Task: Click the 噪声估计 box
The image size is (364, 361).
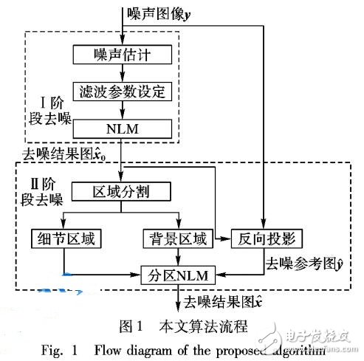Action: click(122, 54)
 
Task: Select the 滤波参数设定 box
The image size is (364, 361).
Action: click(122, 92)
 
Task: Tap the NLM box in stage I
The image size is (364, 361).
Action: click(122, 128)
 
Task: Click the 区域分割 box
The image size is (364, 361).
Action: click(123, 193)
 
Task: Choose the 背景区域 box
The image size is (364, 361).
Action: click(178, 238)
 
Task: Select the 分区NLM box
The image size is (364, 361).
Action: click(177, 275)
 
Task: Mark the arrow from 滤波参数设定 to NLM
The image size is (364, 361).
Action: click(122, 110)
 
